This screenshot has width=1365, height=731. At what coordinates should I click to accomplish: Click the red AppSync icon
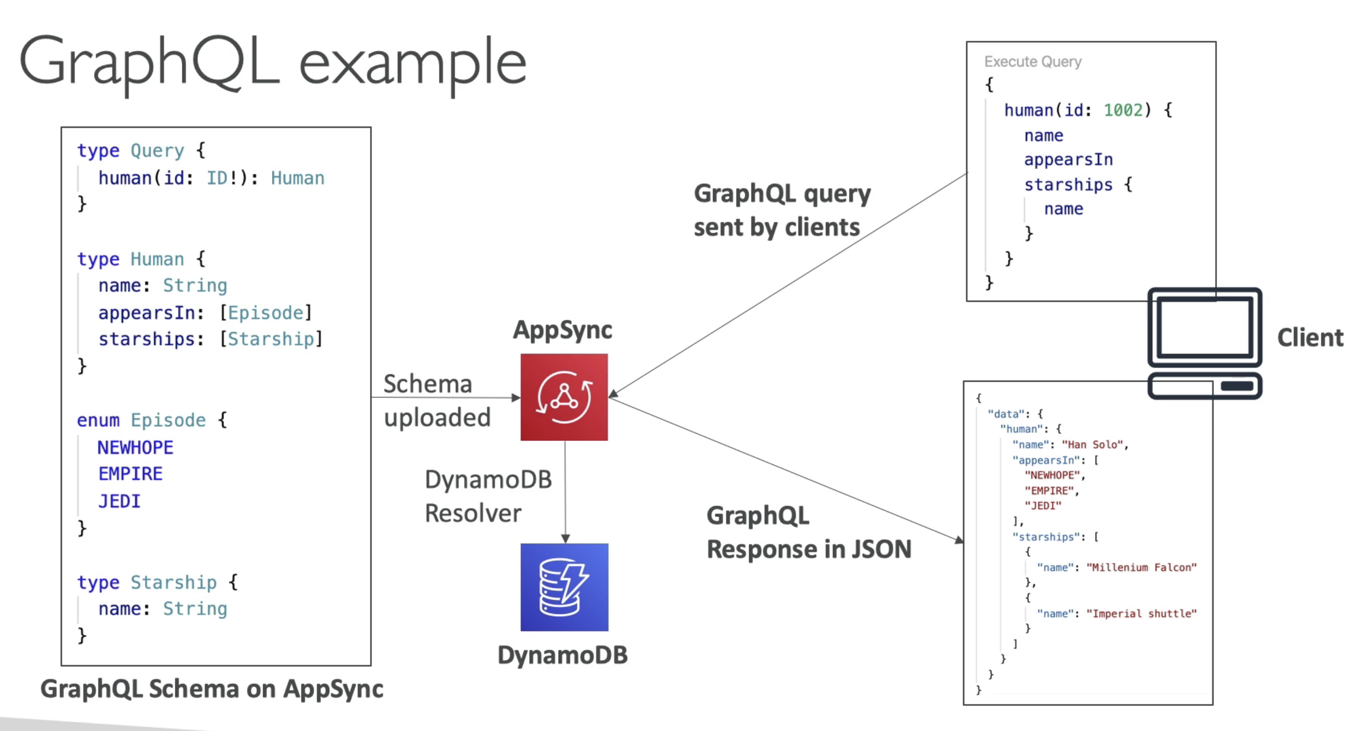coord(564,397)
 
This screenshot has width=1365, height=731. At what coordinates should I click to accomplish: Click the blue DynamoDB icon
coord(564,587)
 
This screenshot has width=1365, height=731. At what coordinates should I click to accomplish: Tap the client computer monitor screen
coord(1204,327)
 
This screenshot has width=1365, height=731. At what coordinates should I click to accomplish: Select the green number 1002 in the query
coord(1123,110)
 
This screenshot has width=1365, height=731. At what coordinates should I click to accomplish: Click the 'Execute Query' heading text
coord(1033,61)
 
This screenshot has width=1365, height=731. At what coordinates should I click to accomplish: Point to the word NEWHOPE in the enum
coord(135,448)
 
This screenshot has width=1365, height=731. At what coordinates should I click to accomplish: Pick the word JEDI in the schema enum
coord(119,501)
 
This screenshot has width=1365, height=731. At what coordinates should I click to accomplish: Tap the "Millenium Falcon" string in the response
coord(1142,567)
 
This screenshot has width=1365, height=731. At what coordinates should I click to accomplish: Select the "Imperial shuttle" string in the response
coord(1142,613)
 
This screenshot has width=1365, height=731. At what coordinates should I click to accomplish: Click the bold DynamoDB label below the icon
coord(562,655)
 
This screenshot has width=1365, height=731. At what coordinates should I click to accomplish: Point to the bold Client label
coord(1310,338)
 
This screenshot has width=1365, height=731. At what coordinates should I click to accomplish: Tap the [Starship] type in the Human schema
coord(271,339)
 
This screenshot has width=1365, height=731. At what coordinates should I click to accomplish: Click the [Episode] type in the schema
coord(266,313)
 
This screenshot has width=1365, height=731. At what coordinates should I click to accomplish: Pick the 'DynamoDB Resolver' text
coord(488,496)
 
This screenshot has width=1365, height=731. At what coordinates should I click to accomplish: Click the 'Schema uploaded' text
coord(437,400)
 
